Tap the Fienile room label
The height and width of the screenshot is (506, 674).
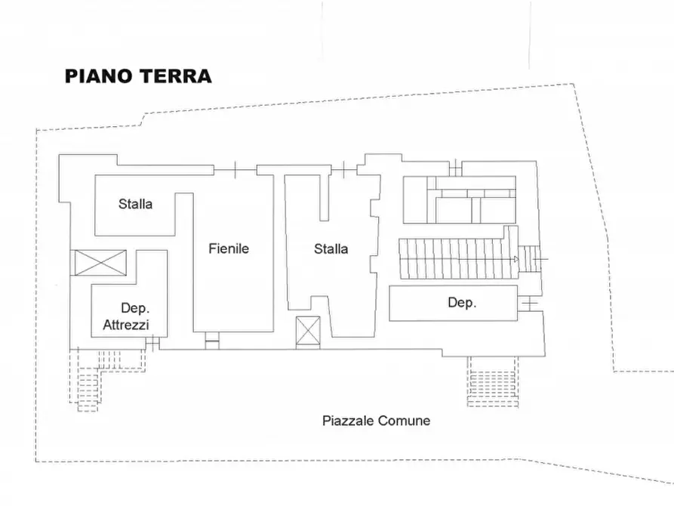(x=229, y=248)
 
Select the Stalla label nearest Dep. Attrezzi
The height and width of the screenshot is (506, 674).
(x=135, y=204)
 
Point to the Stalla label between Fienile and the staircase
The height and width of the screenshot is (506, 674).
(x=331, y=248)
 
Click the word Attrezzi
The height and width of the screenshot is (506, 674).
(x=126, y=325)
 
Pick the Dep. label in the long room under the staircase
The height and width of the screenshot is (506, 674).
(x=461, y=303)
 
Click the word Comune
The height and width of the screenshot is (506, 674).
(x=405, y=421)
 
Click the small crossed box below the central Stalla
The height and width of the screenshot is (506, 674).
(x=308, y=332)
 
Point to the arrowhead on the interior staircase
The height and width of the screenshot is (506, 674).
(x=516, y=259)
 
